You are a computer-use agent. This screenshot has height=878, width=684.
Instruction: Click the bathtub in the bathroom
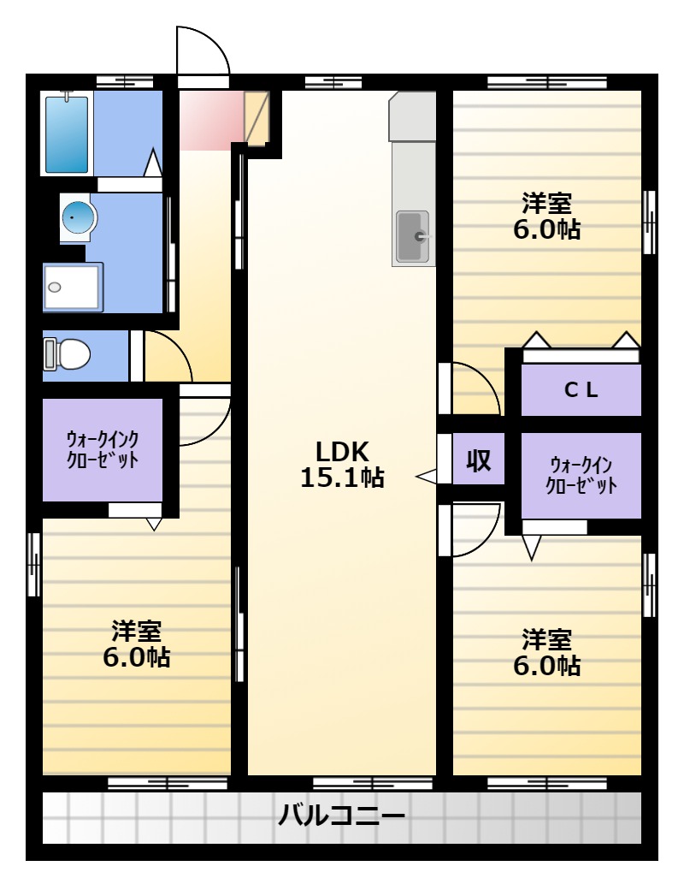pos(67,133)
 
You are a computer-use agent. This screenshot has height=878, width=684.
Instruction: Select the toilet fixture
pos(67,354)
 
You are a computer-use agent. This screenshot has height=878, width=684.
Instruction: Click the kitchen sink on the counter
pos(413,237)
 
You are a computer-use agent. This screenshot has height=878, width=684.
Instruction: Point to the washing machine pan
pos(73,287)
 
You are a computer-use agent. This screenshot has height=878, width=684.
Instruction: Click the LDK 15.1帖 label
pos(342,464)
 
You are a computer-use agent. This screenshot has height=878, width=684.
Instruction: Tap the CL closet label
pos(581,389)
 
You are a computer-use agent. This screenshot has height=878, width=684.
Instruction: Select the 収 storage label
pos(479,460)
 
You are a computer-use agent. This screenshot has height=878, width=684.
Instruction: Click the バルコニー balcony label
pos(342,815)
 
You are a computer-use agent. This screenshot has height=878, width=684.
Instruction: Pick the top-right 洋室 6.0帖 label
pos(547,217)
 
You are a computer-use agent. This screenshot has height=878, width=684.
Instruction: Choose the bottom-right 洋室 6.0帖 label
pos(547,652)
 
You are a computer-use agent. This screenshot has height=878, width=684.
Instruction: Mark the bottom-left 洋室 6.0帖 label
pos(137,644)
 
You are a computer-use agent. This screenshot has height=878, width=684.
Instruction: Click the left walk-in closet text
pos(103,449)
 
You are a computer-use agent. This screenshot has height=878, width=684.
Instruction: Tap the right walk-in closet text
pos(581,475)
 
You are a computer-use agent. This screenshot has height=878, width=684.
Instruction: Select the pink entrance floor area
pos(212,121)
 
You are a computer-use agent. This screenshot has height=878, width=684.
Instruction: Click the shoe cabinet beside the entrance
pos(256,118)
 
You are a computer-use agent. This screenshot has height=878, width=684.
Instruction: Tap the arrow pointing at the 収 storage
pos(426,477)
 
